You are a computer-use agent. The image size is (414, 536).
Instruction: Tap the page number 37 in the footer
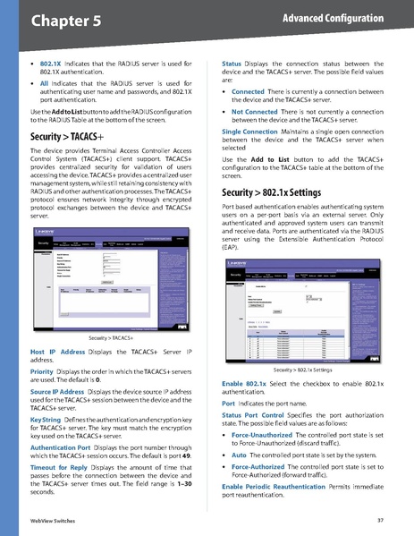[x=380, y=520]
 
